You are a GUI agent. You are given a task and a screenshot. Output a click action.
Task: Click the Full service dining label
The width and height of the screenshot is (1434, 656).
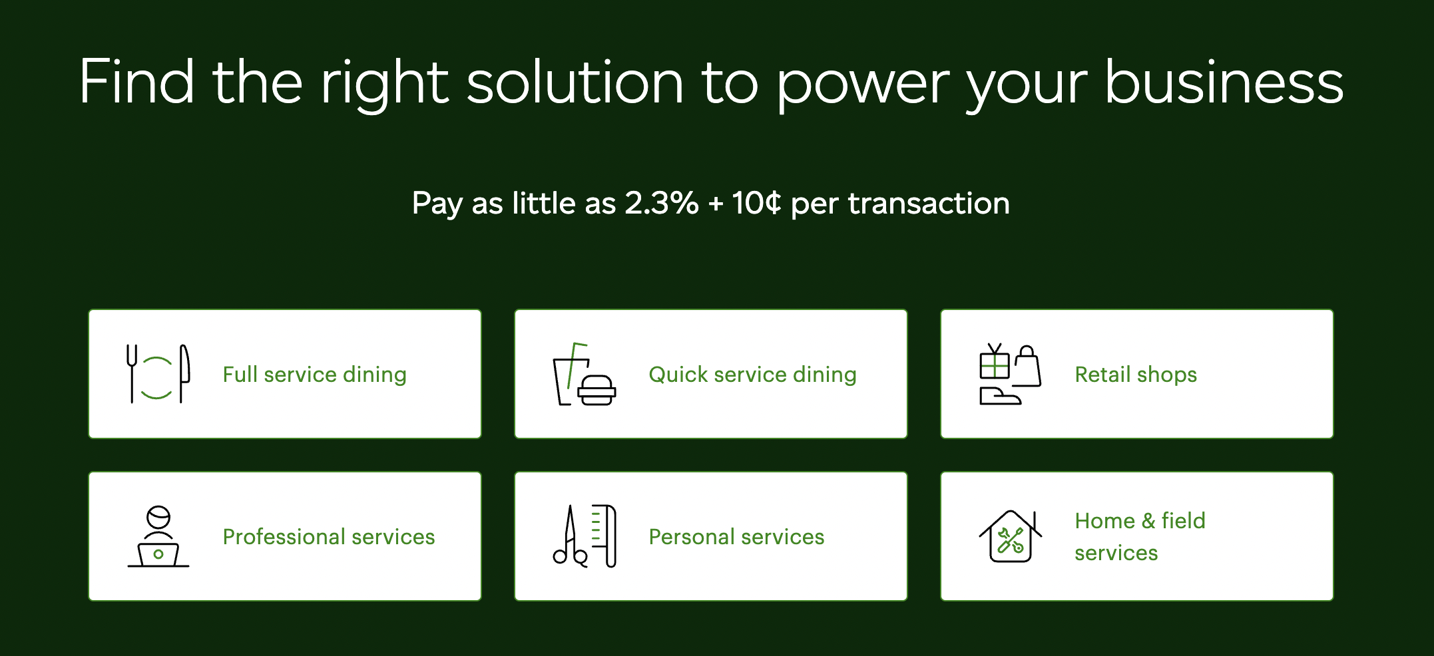point(314,375)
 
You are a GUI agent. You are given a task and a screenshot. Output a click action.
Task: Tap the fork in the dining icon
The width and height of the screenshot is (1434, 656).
point(132,373)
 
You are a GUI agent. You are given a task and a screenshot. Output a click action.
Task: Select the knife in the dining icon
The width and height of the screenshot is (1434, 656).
point(184,373)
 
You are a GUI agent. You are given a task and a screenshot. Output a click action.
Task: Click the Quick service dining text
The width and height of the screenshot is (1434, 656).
point(752,375)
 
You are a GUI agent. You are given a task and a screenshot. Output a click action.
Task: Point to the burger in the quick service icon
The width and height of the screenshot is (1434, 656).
point(597,391)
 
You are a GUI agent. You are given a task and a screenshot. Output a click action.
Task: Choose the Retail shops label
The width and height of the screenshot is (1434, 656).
point(1136,375)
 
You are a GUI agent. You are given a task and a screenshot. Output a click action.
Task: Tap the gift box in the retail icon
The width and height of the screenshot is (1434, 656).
point(995,363)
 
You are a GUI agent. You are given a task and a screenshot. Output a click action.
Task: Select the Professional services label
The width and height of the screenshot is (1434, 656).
point(328,537)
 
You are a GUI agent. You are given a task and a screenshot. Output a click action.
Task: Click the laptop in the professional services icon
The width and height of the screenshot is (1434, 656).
point(158,554)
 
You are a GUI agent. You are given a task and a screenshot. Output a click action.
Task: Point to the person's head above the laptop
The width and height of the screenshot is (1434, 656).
point(158,517)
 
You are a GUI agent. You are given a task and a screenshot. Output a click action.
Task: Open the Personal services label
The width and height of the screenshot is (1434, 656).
point(736,537)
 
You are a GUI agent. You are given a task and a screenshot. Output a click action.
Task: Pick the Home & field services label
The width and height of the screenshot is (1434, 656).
point(1140,536)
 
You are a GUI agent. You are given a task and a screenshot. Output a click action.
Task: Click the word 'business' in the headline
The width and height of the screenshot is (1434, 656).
point(1224,82)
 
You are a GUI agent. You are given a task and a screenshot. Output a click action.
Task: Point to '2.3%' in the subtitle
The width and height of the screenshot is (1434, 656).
point(662,203)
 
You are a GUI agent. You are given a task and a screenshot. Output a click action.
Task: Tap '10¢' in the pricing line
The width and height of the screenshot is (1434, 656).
point(756,203)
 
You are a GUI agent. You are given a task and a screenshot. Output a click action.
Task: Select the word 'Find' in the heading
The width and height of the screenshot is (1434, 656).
point(136,82)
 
